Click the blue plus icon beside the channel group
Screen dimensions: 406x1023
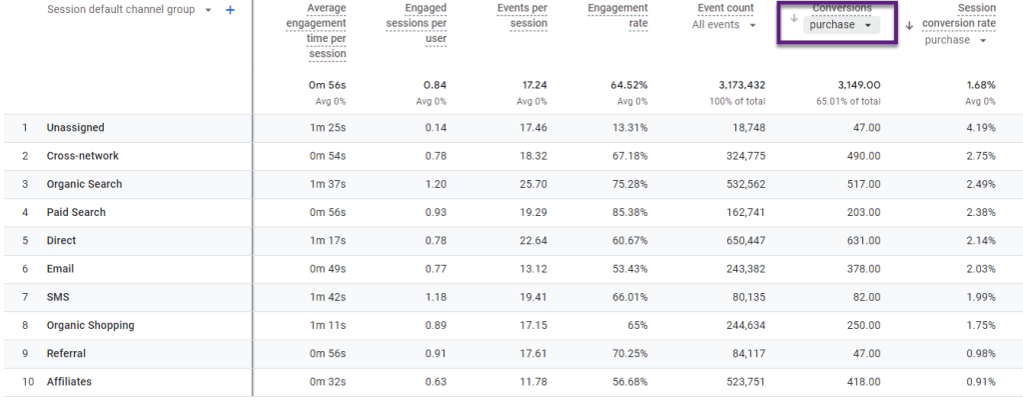coord(230,10)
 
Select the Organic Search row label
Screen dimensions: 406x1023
coord(84,184)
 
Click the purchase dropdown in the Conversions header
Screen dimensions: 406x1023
coord(840,25)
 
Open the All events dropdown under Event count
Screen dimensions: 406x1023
coord(723,25)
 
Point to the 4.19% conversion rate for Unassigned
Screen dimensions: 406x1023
coord(978,128)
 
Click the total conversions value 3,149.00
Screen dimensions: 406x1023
coord(852,86)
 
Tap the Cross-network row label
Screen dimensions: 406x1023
coord(82,156)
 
